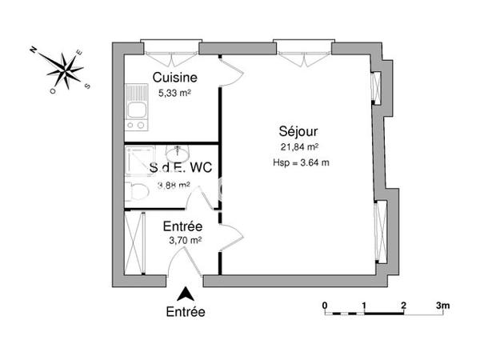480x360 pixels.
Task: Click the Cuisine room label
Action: pyautogui.click(x=175, y=78)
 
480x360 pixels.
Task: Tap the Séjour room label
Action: pyautogui.click(x=299, y=130)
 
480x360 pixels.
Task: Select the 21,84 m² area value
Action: pyautogui.click(x=299, y=146)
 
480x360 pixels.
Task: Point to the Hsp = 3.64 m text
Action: pyautogui.click(x=300, y=162)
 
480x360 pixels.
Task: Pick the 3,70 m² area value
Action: pyautogui.click(x=182, y=239)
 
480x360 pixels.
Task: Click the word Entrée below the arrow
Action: pyautogui.click(x=185, y=312)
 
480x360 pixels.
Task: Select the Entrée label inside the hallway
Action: pyautogui.click(x=182, y=226)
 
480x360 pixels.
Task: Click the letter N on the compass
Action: pyautogui.click(x=34, y=50)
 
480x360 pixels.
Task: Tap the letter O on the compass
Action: pyautogui.click(x=53, y=91)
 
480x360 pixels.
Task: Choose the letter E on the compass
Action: pyautogui.click(x=78, y=54)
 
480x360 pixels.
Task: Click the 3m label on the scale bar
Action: pyautogui.click(x=443, y=305)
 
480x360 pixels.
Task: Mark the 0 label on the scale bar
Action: pyautogui.click(x=325, y=305)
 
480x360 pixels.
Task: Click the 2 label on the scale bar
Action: pyautogui.click(x=404, y=305)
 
